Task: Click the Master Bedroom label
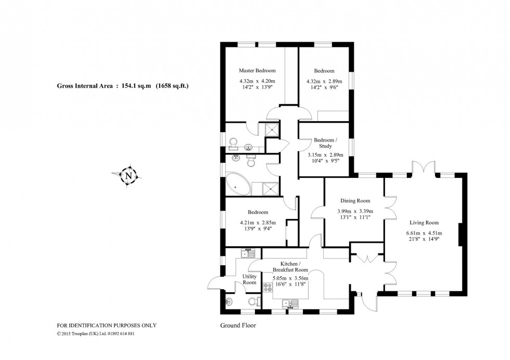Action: coord(257,71)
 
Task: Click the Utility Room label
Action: coord(250,279)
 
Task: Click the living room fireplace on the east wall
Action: coord(460,235)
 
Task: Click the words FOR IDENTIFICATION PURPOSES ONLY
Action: coord(106,326)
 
